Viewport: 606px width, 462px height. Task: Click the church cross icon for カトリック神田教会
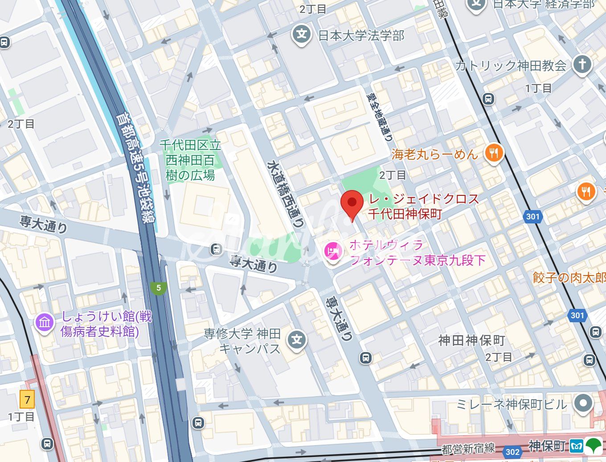(581, 65)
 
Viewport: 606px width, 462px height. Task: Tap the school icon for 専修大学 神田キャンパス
(296, 340)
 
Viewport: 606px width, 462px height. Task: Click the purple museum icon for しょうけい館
(45, 322)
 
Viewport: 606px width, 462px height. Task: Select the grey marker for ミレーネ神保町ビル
(583, 403)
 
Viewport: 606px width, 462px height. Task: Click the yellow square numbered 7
(27, 399)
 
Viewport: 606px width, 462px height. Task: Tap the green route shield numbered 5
(158, 288)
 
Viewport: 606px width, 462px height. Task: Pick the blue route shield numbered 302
(512, 452)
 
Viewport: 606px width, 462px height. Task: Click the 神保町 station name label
(547, 446)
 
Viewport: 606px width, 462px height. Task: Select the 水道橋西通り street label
(285, 194)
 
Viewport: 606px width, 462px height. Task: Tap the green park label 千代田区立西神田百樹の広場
(190, 160)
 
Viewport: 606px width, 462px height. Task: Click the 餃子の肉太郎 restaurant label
(569, 278)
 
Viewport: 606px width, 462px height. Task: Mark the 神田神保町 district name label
(471, 340)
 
